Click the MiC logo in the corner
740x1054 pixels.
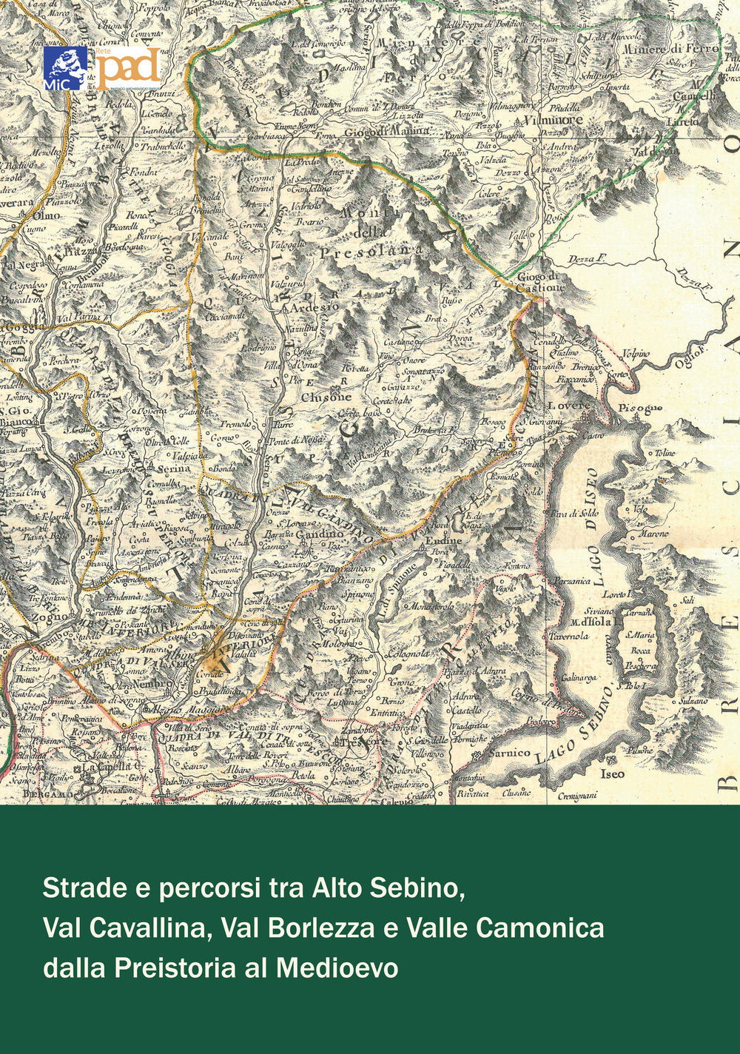point(66,67)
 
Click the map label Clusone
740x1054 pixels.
point(326,397)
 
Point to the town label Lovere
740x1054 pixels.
point(569,406)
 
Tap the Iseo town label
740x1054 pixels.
point(612,773)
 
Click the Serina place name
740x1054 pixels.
point(173,469)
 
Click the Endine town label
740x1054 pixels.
point(444,541)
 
